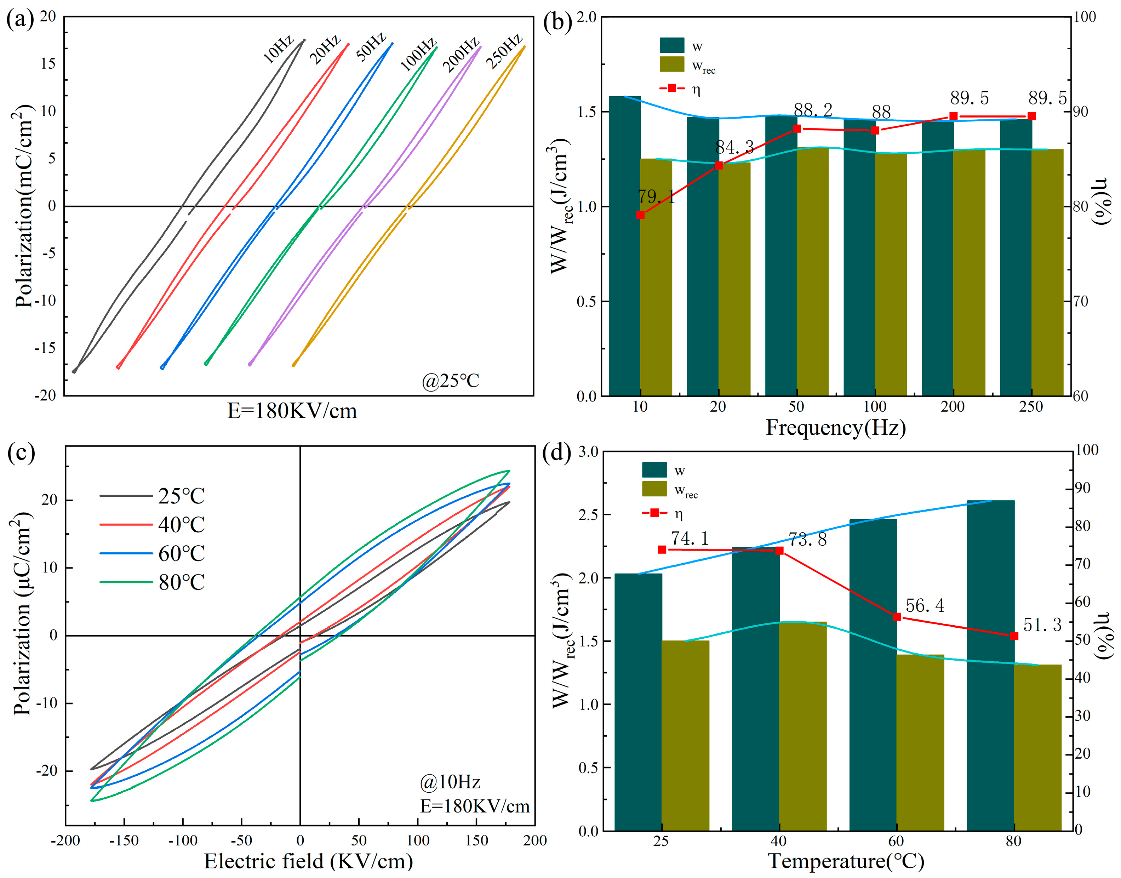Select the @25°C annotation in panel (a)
pyautogui.click(x=450, y=381)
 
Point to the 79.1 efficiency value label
pyautogui.click(x=656, y=196)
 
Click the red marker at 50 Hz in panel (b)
pyautogui.click(x=797, y=129)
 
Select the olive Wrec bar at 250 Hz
pyautogui.click(x=1047, y=273)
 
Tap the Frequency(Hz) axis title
pyautogui.click(x=836, y=428)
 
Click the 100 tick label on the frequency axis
pyautogui.click(x=875, y=407)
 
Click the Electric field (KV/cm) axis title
pyautogui.click(x=308, y=861)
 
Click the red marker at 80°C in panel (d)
pyautogui.click(x=1014, y=636)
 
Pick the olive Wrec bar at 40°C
pyautogui.click(x=803, y=726)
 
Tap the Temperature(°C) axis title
pyautogui.click(x=846, y=861)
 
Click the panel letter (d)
pyautogui.click(x=557, y=454)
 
